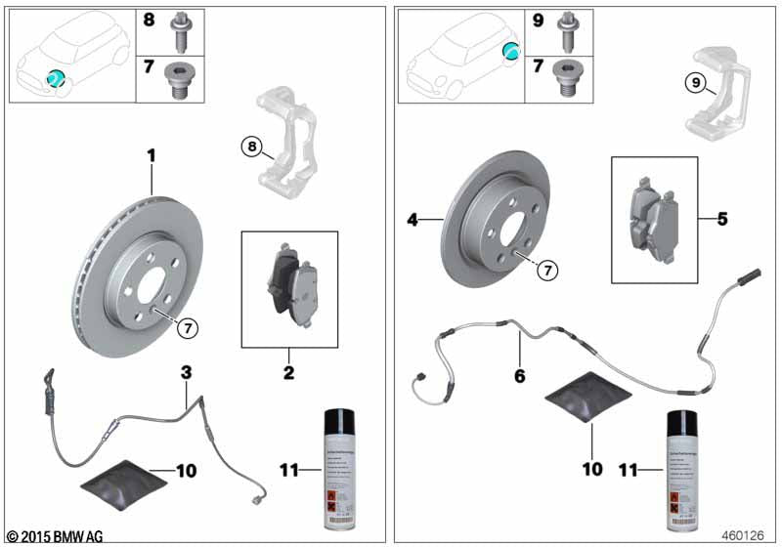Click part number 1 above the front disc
click(x=152, y=155)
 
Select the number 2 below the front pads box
click(x=289, y=372)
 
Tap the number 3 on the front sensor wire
click(x=185, y=372)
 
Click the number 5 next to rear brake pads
click(x=722, y=218)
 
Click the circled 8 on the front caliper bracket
click(x=252, y=147)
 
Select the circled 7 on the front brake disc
click(x=186, y=328)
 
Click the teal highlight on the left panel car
click(x=57, y=78)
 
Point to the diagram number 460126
click(x=747, y=535)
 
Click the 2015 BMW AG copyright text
click(x=54, y=535)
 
